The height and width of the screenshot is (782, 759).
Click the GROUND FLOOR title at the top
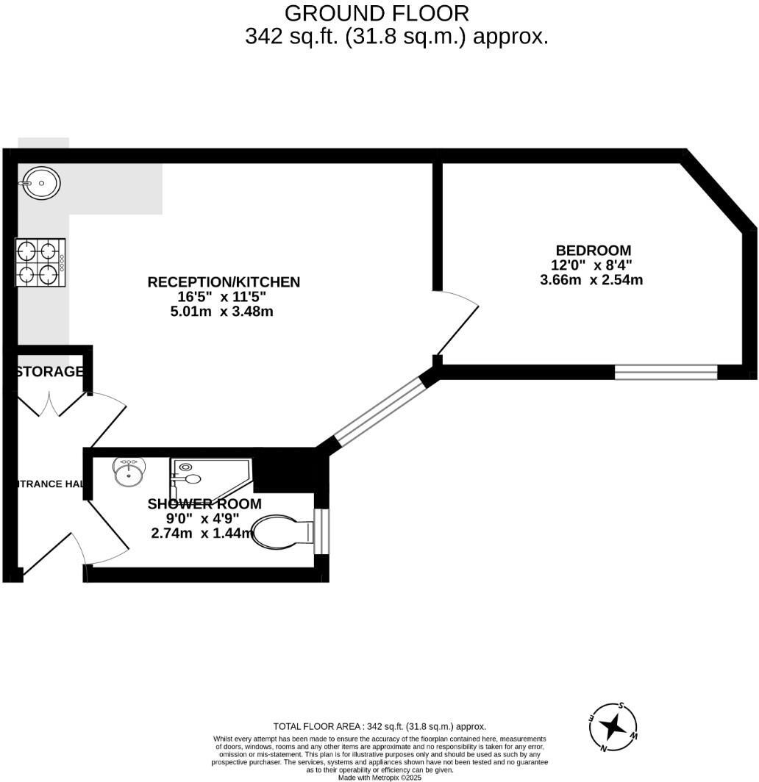(x=376, y=13)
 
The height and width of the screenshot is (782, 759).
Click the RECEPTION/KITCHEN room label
(x=224, y=282)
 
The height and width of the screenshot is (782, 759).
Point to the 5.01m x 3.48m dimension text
(x=221, y=312)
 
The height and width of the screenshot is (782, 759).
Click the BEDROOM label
(x=593, y=251)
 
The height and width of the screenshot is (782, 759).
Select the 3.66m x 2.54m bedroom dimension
(x=591, y=279)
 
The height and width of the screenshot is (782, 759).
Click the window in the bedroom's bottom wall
(x=666, y=372)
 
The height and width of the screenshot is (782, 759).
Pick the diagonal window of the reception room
(x=378, y=412)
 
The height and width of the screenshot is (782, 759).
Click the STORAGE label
(x=49, y=372)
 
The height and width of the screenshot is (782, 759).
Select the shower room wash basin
(x=129, y=471)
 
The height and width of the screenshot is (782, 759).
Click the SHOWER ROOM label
(x=204, y=504)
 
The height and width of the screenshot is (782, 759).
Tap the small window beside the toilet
(x=322, y=530)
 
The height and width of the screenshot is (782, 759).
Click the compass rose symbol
(x=613, y=727)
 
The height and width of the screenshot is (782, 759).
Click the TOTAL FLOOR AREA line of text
(x=379, y=726)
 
